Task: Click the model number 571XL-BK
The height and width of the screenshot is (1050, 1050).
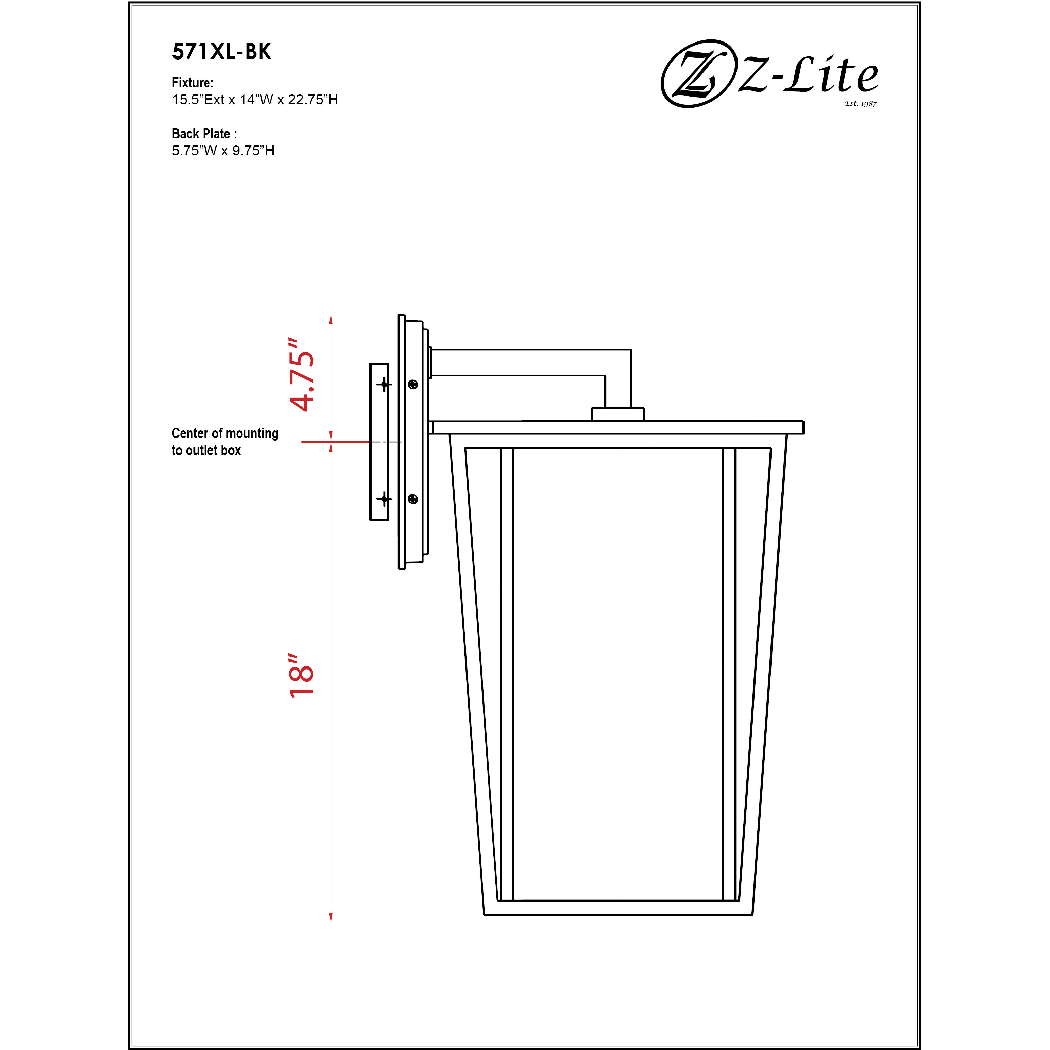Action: click(x=221, y=52)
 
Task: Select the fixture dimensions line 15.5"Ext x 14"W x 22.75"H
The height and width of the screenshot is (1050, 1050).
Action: click(x=255, y=100)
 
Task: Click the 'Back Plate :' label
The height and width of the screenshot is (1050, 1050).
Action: click(x=204, y=134)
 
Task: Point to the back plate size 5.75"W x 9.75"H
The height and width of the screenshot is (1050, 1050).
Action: click(x=223, y=151)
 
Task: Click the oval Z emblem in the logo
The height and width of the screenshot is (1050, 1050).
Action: click(x=695, y=73)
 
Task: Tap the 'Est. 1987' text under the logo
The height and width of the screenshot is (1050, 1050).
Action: click(x=860, y=103)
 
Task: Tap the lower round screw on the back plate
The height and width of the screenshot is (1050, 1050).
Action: click(x=412, y=498)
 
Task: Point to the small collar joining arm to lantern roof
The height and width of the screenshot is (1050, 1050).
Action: click(x=617, y=414)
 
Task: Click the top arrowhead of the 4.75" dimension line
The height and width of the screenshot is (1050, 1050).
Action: click(x=331, y=319)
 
